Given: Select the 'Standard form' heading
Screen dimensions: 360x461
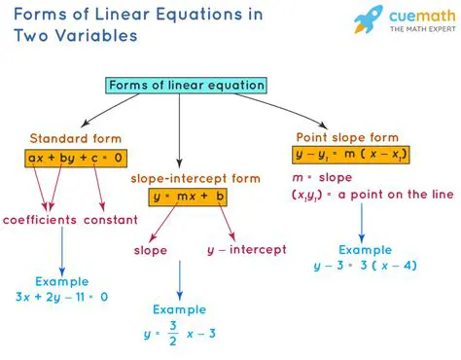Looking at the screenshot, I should click(73, 138).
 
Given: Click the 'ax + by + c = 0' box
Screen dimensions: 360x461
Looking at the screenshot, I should click(75, 157).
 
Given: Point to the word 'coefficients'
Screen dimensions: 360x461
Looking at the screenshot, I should click(40, 220).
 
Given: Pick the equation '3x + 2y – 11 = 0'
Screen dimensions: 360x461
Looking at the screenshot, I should click(61, 297).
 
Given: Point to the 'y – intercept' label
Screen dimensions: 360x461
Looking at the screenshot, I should click(246, 250).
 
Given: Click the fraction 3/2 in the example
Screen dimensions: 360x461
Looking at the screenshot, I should click(173, 334).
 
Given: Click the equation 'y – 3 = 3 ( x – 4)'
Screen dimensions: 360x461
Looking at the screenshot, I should click(363, 265).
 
